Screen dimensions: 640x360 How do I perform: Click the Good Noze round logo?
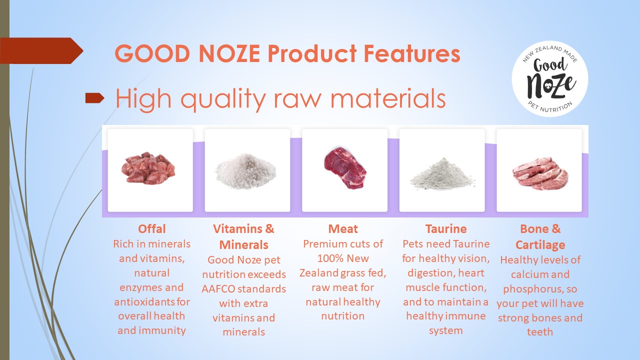point(550,78)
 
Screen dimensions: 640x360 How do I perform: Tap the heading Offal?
point(151,229)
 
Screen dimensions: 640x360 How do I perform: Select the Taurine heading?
point(445,229)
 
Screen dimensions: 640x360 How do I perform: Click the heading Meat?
point(343,229)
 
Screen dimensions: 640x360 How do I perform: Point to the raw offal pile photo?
point(148,168)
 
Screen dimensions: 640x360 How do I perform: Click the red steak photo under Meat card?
point(345,168)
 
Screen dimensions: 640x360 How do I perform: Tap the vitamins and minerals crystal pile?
point(246,171)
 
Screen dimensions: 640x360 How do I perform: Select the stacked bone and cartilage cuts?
point(539,173)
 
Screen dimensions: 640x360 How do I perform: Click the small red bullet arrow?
point(95,97)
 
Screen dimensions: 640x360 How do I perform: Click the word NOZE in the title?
point(229,53)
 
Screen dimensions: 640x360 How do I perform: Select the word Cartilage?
point(540,245)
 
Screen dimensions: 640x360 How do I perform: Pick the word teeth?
point(539,332)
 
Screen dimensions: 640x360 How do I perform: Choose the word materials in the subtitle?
point(387,98)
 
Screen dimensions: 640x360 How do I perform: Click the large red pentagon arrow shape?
point(41,50)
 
